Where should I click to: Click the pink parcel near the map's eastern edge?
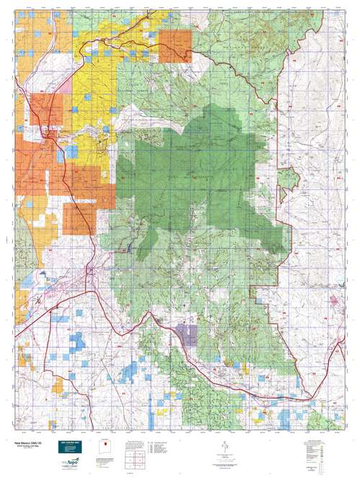335,297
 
